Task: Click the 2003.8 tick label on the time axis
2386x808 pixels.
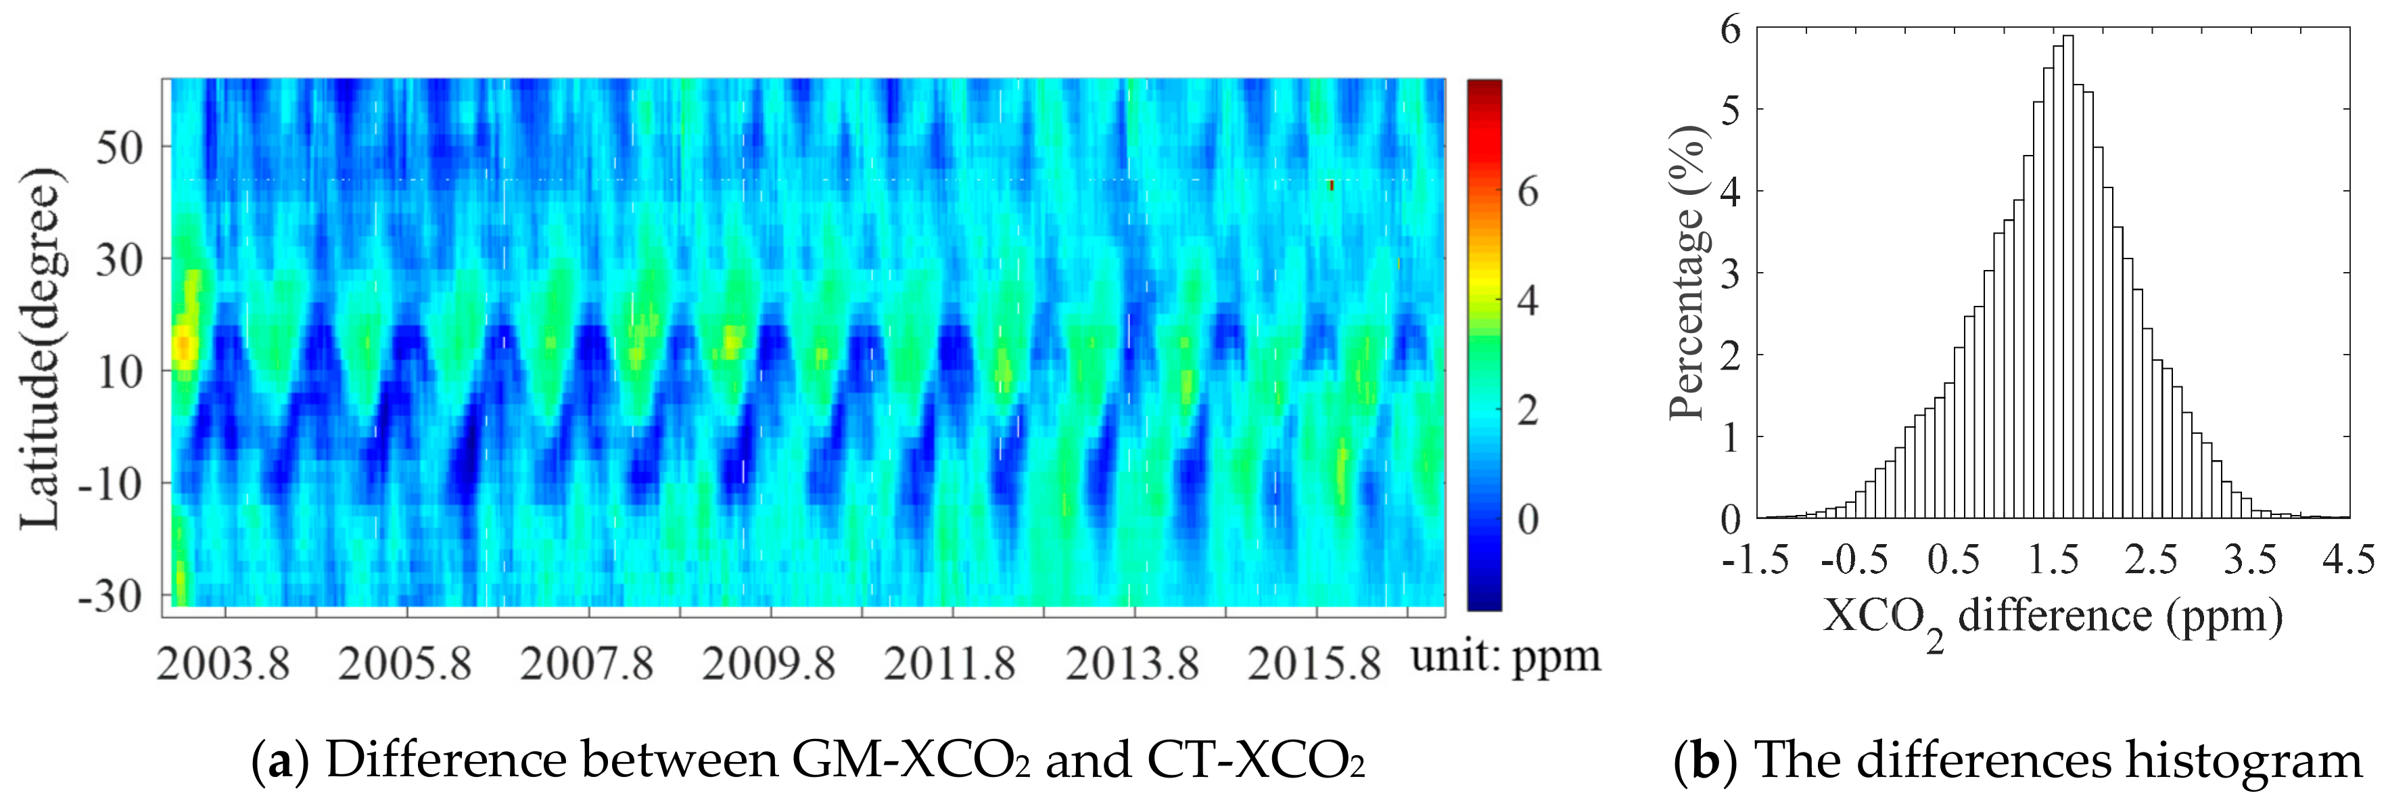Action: pos(223,663)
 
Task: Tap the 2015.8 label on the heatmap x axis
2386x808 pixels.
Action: pos(1313,663)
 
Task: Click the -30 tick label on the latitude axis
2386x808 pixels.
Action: pos(110,595)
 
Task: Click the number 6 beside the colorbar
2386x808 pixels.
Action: pos(1527,191)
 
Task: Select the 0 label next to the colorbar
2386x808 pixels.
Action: pos(1527,519)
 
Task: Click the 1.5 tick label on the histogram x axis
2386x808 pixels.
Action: pos(2053,560)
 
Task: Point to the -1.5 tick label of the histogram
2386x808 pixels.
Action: pos(1755,560)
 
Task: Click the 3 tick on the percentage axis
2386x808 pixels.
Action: pos(1730,273)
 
